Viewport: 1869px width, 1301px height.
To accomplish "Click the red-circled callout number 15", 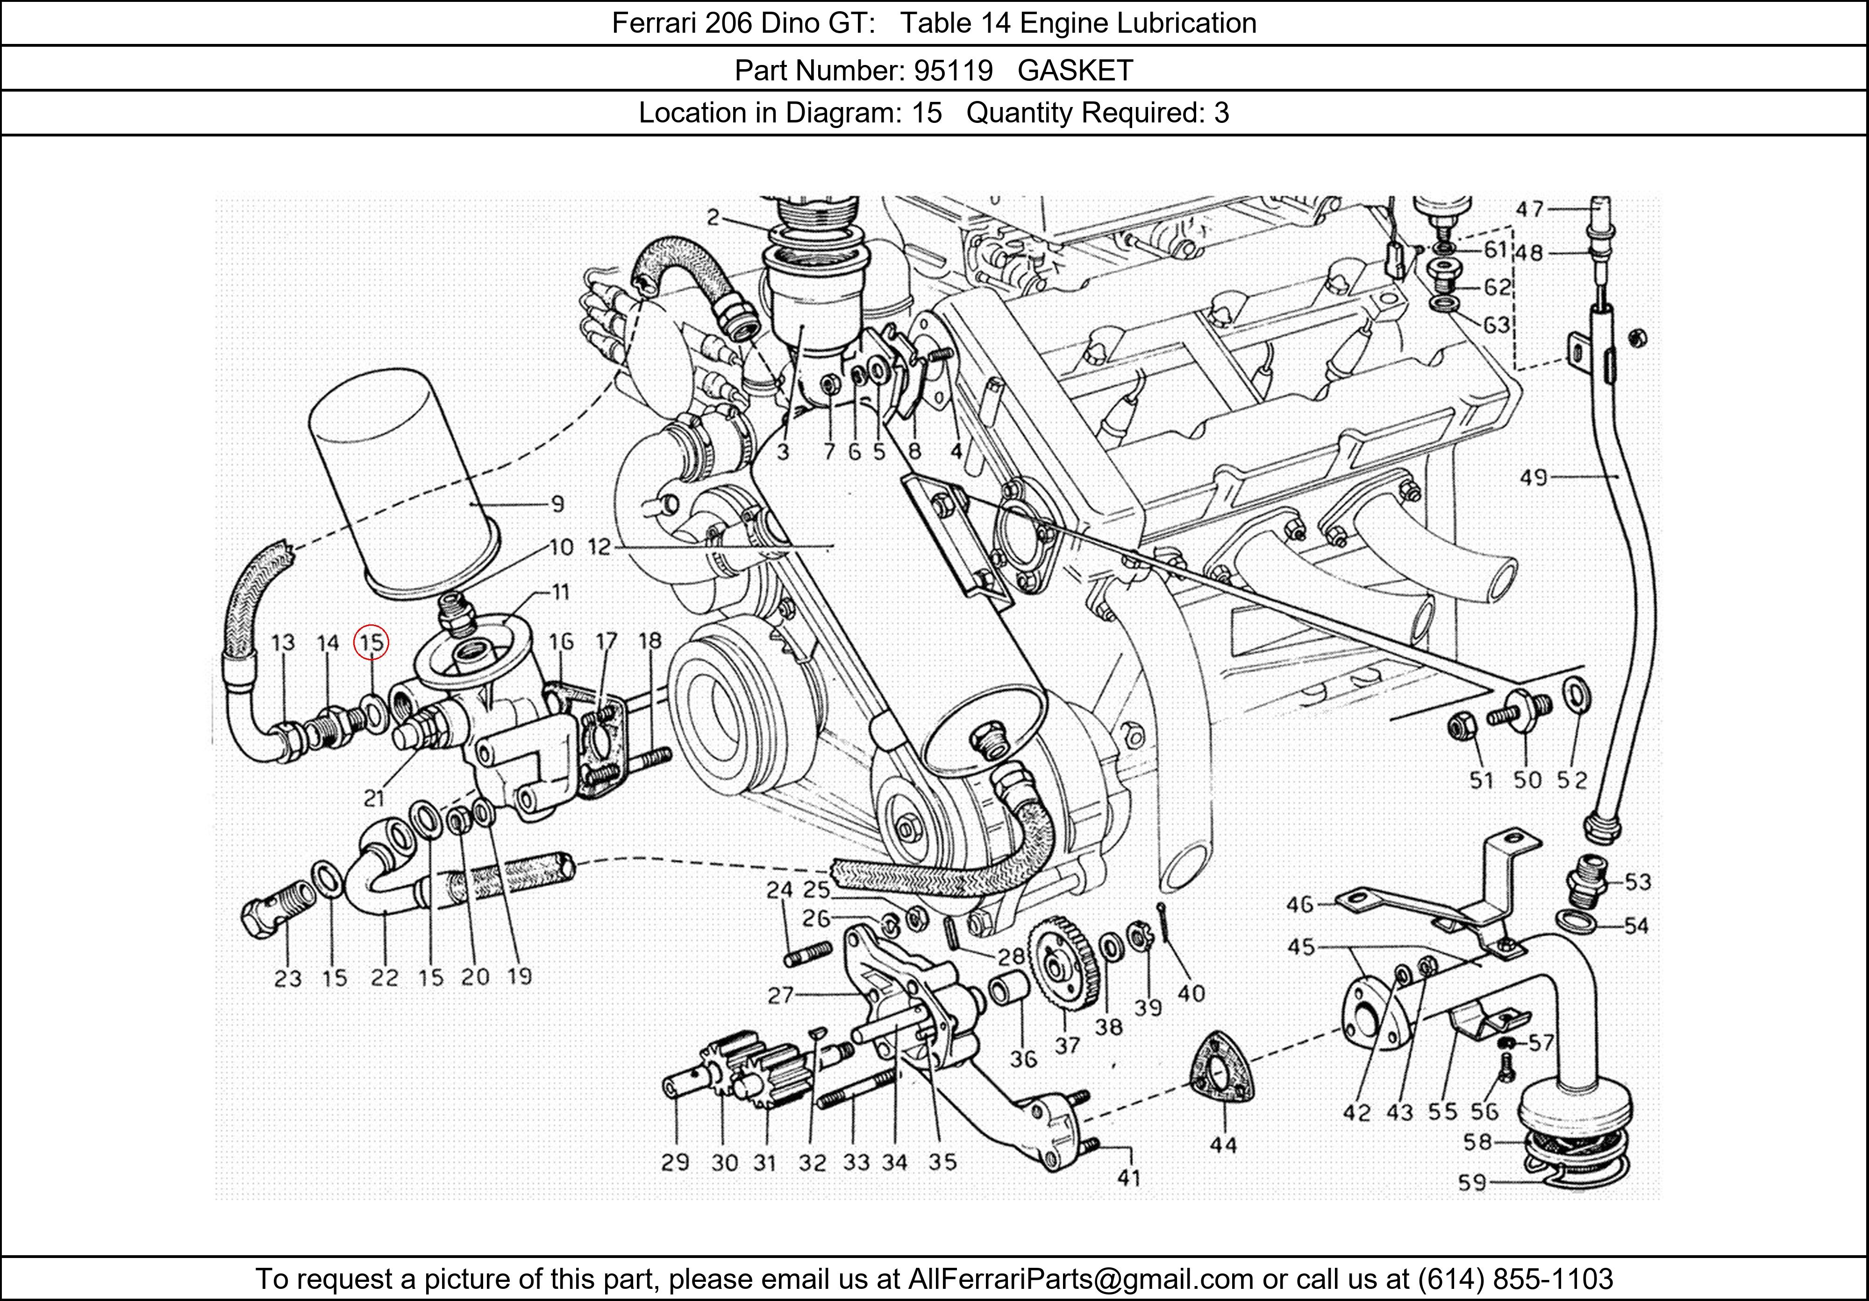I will click(x=371, y=643).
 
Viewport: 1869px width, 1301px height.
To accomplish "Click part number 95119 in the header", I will click(x=952, y=71).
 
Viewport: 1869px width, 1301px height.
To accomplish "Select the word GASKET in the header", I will click(x=1075, y=71).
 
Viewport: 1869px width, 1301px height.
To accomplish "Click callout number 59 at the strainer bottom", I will click(x=1472, y=1182).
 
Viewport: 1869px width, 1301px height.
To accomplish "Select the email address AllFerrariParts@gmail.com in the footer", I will click(x=1080, y=1279).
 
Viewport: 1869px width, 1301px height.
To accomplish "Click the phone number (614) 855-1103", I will click(x=1515, y=1279).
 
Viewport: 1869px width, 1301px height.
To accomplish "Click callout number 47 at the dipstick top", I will click(x=1530, y=209).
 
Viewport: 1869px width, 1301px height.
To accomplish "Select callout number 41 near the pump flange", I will click(x=1128, y=1177).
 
